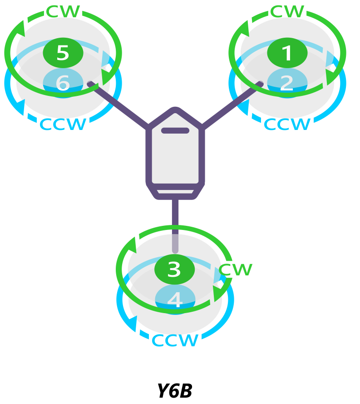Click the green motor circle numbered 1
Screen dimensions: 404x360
287,53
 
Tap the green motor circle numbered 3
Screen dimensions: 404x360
175,269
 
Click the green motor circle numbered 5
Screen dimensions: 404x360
63,53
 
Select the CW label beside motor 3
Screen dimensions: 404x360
235,269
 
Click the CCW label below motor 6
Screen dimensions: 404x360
63,124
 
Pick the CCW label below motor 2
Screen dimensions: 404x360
287,124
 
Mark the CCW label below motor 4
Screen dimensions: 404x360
175,340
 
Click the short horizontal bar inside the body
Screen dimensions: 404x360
175,131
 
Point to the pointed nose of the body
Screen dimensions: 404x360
175,110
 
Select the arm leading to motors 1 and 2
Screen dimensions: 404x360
231,104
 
